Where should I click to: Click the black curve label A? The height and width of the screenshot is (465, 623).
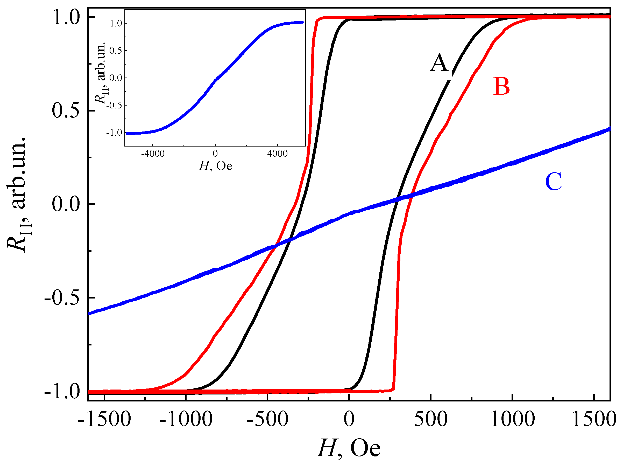pyautogui.click(x=439, y=63)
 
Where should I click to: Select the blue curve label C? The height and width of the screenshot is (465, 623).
pyautogui.click(x=553, y=182)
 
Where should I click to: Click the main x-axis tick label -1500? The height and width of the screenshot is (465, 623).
pyautogui.click(x=104, y=419)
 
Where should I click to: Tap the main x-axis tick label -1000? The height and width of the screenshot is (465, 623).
pyautogui.click(x=186, y=419)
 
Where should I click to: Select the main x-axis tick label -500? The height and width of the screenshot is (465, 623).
pyautogui.click(x=267, y=419)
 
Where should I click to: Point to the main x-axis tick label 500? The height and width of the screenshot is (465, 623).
pyautogui.click(x=431, y=419)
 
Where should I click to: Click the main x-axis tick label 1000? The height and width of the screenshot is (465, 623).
pyautogui.click(x=512, y=419)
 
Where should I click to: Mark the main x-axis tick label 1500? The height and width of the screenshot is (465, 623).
pyautogui.click(x=594, y=419)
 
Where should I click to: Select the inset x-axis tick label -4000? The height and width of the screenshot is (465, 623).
pyautogui.click(x=153, y=154)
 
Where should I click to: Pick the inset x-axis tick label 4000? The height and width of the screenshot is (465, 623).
pyautogui.click(x=277, y=154)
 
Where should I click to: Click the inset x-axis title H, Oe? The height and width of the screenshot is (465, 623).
pyautogui.click(x=215, y=166)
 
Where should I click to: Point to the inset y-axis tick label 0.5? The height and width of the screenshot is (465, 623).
pyautogui.click(x=116, y=51)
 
